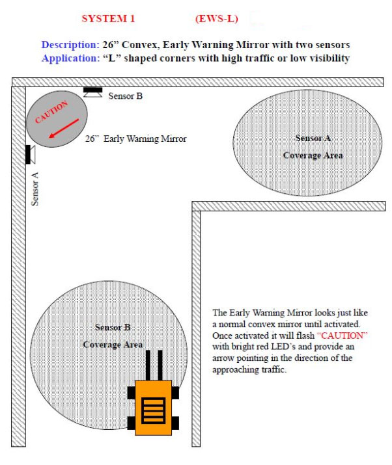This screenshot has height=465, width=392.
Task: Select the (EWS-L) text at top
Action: (x=216, y=19)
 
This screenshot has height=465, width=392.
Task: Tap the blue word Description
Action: (x=68, y=45)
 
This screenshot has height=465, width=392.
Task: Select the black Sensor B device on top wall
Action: (x=92, y=90)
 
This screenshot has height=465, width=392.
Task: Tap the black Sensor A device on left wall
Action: (x=28, y=155)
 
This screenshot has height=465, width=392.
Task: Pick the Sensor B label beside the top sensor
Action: (x=125, y=96)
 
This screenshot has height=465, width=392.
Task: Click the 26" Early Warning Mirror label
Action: (x=135, y=139)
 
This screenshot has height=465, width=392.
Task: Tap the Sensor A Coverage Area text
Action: (x=313, y=147)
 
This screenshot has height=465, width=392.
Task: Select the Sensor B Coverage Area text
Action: (x=113, y=336)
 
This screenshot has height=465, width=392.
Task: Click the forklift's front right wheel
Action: (x=176, y=392)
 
